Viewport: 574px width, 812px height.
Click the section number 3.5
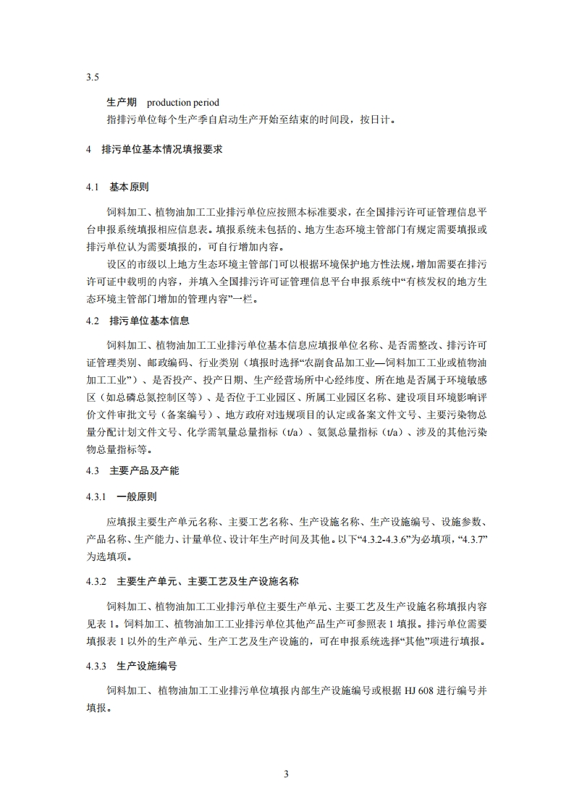[92, 77]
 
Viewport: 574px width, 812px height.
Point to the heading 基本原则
[130, 187]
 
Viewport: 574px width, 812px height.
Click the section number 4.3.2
[96, 581]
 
